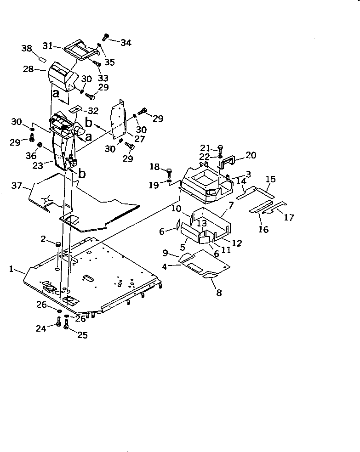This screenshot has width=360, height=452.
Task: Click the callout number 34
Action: (126, 43)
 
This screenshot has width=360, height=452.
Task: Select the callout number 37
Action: (17, 185)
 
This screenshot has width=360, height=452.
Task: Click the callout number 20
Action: (251, 155)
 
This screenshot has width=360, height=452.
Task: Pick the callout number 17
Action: (289, 217)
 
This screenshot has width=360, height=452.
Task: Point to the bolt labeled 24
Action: (59, 323)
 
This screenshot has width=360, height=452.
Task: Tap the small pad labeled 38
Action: (40, 60)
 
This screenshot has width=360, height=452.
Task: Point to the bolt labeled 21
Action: (220, 148)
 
